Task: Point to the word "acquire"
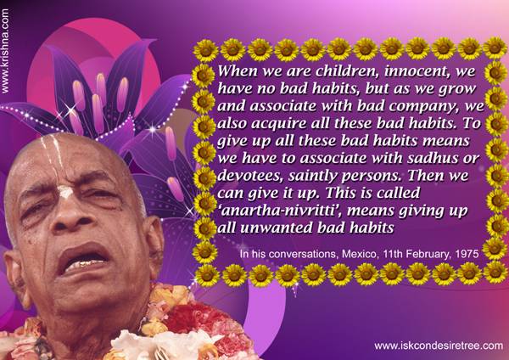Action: tap(279, 124)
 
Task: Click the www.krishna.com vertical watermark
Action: tap(5, 51)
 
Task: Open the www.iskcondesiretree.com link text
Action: tap(439, 346)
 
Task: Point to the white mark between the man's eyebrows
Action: tap(65, 192)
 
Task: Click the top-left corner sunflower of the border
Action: tap(206, 51)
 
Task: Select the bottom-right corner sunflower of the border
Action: tap(495, 273)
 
